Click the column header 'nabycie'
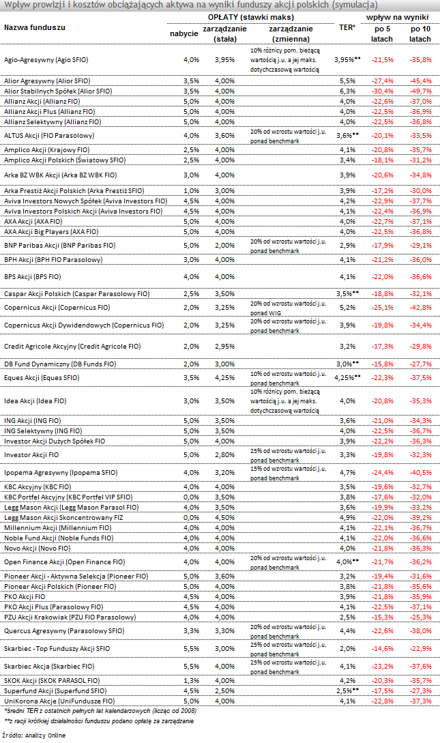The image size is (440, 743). pyautogui.click(x=184, y=33)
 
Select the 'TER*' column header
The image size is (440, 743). pyautogui.click(x=347, y=27)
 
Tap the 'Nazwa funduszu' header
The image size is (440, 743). pyautogui.click(x=35, y=27)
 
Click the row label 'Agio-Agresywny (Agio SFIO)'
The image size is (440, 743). pyautogui.click(x=46, y=60)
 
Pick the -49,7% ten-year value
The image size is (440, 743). pyautogui.click(x=421, y=91)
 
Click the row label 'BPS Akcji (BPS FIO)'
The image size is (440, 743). pyautogui.click(x=33, y=277)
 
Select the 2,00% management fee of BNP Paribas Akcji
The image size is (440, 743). pyautogui.click(x=224, y=246)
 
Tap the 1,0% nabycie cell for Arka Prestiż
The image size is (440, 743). pyautogui.click(x=191, y=190)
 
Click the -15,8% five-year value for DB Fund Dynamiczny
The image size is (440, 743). pyautogui.click(x=382, y=364)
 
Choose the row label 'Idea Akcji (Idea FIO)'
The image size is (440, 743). pyautogui.click(x=35, y=401)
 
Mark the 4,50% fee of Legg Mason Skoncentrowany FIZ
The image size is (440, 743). pyautogui.click(x=224, y=517)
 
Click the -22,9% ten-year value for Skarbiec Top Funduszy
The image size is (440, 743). pyautogui.click(x=421, y=649)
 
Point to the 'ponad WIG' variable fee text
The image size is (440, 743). pyautogui.click(x=265, y=312)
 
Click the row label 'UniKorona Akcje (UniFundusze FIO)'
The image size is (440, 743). pyautogui.click(x=59, y=701)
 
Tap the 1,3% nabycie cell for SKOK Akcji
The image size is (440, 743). pyautogui.click(x=191, y=680)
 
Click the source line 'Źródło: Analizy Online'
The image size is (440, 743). pyautogui.click(x=33, y=735)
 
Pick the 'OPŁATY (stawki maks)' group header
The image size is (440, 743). pyautogui.click(x=251, y=17)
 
